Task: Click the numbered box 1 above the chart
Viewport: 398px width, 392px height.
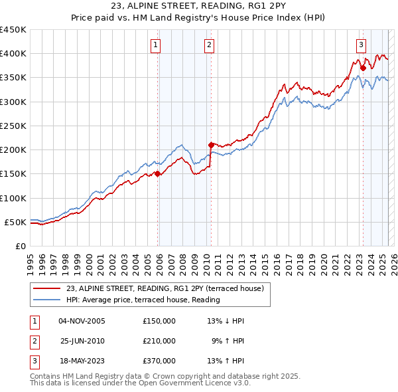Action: [155, 45]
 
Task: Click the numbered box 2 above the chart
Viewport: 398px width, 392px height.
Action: [209, 45]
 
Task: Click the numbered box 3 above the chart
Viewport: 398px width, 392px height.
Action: [361, 45]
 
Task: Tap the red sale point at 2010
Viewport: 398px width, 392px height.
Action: [211, 144]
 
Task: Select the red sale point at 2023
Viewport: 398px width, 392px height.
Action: [363, 67]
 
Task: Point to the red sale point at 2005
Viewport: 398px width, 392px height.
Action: [158, 174]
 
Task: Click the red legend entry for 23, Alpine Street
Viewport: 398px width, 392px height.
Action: [165, 288]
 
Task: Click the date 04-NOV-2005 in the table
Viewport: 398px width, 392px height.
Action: [82, 321]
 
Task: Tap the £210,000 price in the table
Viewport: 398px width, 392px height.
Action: [159, 341]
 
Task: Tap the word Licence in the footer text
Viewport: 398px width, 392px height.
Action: [216, 383]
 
